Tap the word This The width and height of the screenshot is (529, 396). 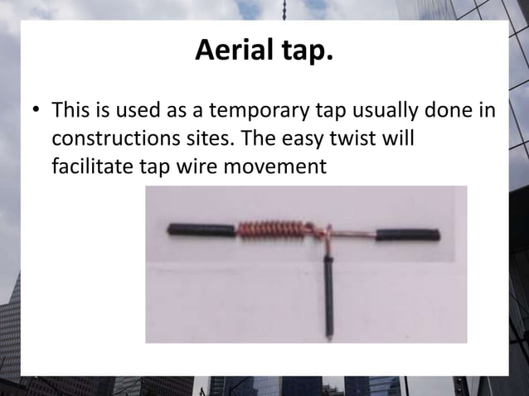(70, 110)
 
